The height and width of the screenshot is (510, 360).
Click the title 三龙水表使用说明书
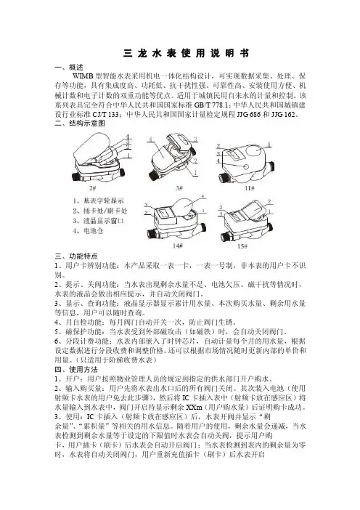point(187,53)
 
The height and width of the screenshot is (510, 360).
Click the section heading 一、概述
point(69,68)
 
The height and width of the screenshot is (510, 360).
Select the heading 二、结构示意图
point(80,124)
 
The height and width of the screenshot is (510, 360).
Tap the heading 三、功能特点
point(76,256)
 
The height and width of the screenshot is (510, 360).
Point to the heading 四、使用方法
point(76,370)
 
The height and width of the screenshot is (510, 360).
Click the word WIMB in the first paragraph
point(83,76)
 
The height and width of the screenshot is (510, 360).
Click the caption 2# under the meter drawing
point(93,188)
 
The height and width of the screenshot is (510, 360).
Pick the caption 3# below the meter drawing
point(179,188)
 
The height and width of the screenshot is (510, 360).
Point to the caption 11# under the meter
point(250,188)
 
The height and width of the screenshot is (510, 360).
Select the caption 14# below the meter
point(177,246)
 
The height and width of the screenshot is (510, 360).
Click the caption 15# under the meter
point(242,246)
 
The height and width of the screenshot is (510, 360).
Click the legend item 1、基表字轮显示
point(99,201)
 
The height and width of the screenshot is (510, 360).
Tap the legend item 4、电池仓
point(88,231)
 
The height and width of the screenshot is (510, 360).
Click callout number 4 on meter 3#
point(150,139)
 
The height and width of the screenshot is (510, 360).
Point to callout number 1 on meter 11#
point(269,145)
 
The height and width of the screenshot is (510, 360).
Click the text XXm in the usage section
point(195,408)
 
